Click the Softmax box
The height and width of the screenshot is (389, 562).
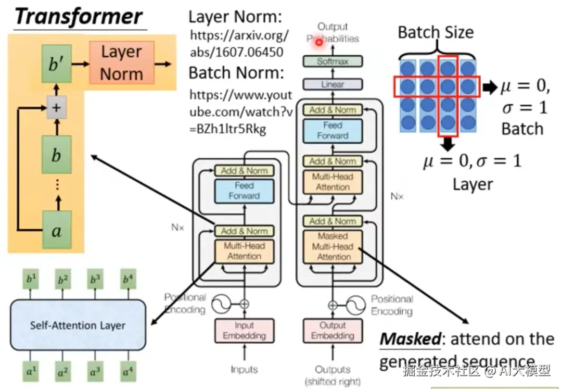[333, 61]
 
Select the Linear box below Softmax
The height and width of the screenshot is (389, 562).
[333, 84]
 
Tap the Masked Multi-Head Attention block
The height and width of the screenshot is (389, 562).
[333, 246]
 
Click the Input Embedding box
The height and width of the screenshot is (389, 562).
[244, 330]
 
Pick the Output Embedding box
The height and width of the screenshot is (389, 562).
[333, 330]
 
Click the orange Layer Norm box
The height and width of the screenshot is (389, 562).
[122, 62]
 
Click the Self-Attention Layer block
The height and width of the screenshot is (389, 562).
[78, 325]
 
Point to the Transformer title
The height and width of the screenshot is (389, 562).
[78, 17]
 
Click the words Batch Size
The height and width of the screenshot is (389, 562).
[436, 33]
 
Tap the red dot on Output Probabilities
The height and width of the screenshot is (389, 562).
[317, 42]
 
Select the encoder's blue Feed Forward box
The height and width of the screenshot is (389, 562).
[244, 191]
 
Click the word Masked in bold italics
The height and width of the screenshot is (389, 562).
[410, 339]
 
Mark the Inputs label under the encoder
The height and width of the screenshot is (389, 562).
[244, 369]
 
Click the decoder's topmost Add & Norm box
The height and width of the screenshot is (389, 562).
[333, 110]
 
